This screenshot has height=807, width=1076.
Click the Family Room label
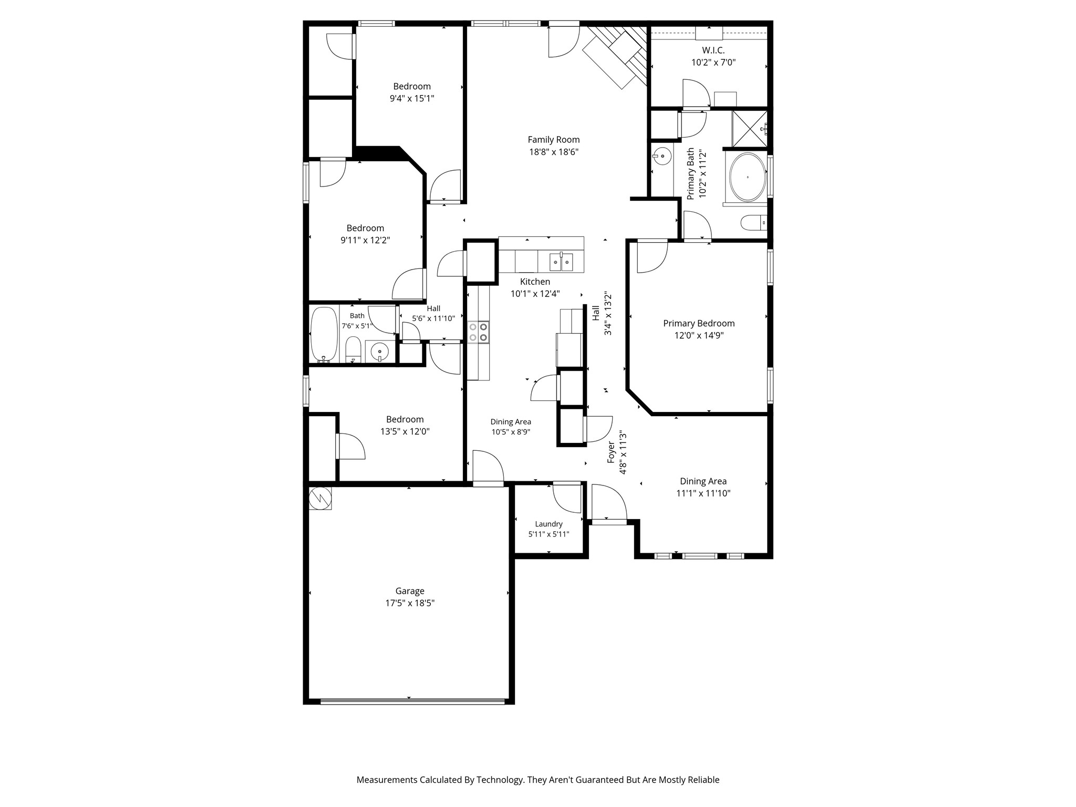pyautogui.click(x=553, y=140)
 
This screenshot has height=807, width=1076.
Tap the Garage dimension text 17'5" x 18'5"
pyautogui.click(x=410, y=603)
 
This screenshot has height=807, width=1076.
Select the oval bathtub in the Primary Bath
pyautogui.click(x=747, y=177)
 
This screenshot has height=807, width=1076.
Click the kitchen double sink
pyautogui.click(x=561, y=261)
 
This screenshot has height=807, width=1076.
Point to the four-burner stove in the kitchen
pyautogui.click(x=479, y=332)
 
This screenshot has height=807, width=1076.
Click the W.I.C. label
pyautogui.click(x=713, y=50)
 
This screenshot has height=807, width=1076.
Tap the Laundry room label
pyautogui.click(x=549, y=524)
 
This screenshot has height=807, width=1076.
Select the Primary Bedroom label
pyautogui.click(x=699, y=324)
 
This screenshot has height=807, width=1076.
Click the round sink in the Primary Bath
pyautogui.click(x=662, y=156)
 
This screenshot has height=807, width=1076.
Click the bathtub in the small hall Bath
pyautogui.click(x=324, y=335)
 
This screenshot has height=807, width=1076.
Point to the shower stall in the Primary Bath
pyautogui.click(x=750, y=129)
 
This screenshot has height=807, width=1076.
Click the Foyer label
pyautogui.click(x=611, y=452)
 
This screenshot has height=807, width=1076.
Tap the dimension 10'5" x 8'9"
pyautogui.click(x=511, y=432)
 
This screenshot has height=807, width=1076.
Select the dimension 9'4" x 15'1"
pyautogui.click(x=412, y=98)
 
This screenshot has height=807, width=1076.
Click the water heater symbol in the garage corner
pyautogui.click(x=320, y=498)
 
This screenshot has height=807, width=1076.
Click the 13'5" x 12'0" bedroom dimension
pyautogui.click(x=405, y=431)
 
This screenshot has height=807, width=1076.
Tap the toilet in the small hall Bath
pyautogui.click(x=353, y=350)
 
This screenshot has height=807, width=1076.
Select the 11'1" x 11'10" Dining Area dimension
pyautogui.click(x=703, y=493)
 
